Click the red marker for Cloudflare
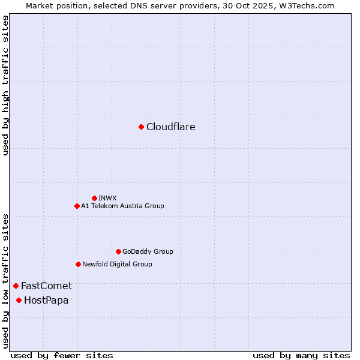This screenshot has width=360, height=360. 141,127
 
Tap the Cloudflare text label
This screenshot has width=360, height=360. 171,127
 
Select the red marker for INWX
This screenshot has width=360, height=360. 94,198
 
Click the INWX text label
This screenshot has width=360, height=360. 107,198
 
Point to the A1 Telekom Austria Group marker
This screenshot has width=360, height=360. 77,206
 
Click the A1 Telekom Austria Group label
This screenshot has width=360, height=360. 122,206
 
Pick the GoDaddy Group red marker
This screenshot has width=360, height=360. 118,251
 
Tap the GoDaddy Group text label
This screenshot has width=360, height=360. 148,251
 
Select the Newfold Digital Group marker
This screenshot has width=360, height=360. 78,264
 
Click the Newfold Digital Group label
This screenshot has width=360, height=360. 117,264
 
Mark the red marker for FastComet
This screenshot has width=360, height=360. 16,286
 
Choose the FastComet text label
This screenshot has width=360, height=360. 46,286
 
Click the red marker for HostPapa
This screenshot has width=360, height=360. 19,300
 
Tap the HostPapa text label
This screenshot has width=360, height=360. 46,300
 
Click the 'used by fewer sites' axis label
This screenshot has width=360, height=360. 62,355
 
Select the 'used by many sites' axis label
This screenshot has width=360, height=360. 301,355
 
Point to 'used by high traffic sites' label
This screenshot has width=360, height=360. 5,85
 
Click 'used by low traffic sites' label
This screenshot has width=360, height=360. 5,281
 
